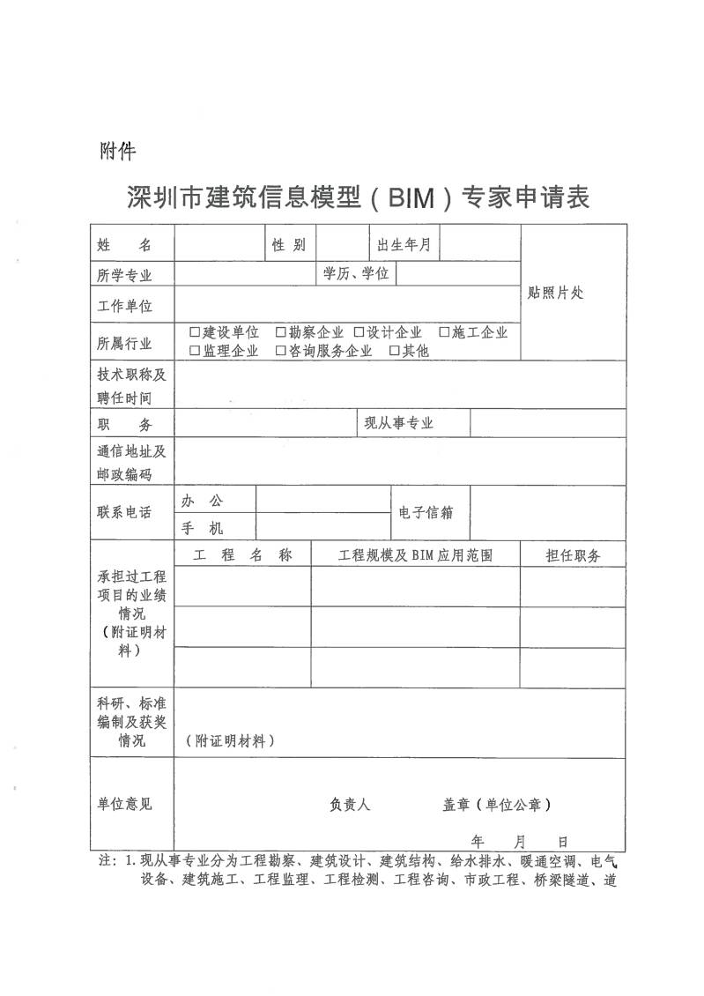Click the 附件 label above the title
(x=117, y=152)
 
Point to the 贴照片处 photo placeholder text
(x=555, y=294)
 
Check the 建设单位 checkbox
(x=195, y=332)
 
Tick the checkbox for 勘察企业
(x=281, y=332)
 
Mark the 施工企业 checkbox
(x=444, y=332)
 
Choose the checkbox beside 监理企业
(x=195, y=351)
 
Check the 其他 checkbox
(x=394, y=351)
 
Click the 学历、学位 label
(x=355, y=274)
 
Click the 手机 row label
(x=203, y=528)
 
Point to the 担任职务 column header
(x=573, y=555)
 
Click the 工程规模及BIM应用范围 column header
(x=415, y=555)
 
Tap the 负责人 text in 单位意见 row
(x=350, y=804)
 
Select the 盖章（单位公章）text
(x=497, y=804)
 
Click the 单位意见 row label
(x=124, y=804)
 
